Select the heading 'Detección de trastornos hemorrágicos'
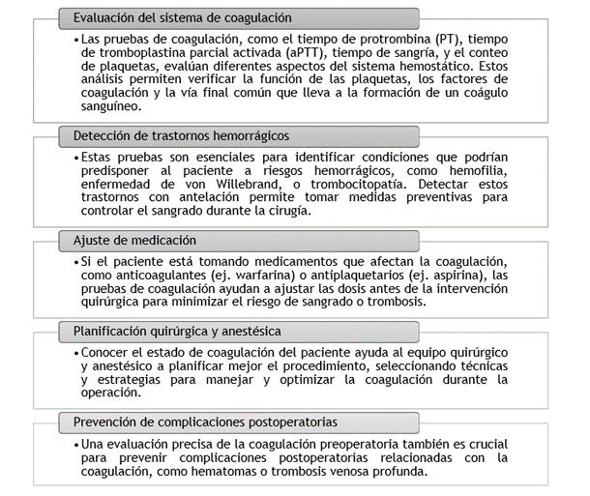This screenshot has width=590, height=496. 182,135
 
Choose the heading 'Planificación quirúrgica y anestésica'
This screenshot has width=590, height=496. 190,332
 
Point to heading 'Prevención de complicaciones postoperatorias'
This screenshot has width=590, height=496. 206,423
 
